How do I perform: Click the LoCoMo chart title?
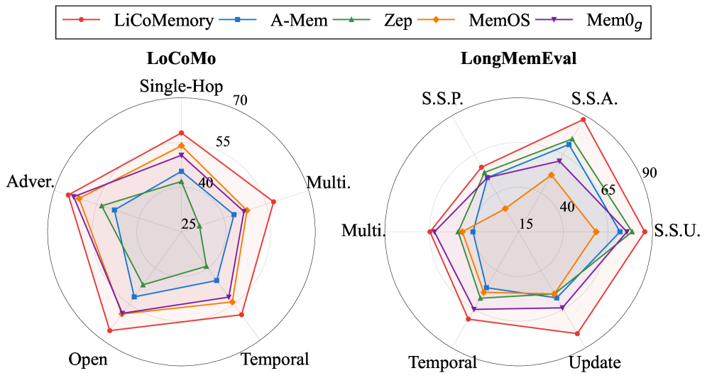point(182,59)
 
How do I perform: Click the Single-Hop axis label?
point(182,87)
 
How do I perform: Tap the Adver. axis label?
point(31,182)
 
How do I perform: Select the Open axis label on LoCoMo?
point(88,359)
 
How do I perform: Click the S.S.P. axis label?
point(443,99)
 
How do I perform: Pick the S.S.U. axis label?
point(678,231)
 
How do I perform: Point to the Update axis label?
point(595,362)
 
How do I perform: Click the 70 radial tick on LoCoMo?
point(239,100)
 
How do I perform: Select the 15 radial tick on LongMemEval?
point(526,223)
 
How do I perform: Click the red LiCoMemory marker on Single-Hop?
point(182,133)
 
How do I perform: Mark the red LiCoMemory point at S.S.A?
point(583,119)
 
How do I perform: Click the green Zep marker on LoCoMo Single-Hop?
point(182,182)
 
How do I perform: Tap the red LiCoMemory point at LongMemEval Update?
point(578,333)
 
